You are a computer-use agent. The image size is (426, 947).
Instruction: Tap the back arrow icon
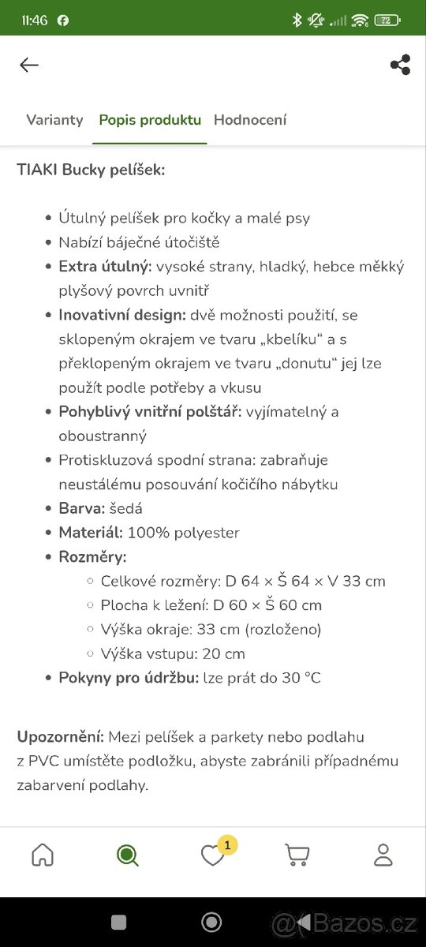click(29, 66)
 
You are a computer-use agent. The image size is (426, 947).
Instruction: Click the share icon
click(400, 66)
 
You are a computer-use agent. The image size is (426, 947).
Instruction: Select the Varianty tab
click(54, 120)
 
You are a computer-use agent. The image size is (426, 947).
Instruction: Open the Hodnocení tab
click(250, 120)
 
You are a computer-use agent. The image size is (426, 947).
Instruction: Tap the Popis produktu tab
click(150, 120)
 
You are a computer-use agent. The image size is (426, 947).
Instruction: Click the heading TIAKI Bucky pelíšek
click(91, 170)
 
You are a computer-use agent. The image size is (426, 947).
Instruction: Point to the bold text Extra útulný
click(105, 267)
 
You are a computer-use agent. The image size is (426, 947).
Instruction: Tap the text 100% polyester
click(183, 533)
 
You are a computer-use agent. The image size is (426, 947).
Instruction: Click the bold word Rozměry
click(92, 557)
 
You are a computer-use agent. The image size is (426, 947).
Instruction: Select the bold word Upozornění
click(60, 737)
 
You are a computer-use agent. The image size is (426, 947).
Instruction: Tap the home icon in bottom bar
click(43, 855)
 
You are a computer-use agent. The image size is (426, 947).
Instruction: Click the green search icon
click(128, 855)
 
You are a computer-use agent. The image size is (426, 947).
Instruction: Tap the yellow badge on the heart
click(227, 845)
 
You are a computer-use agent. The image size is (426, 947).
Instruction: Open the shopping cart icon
click(297, 855)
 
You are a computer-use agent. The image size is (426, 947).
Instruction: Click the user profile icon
click(383, 855)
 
